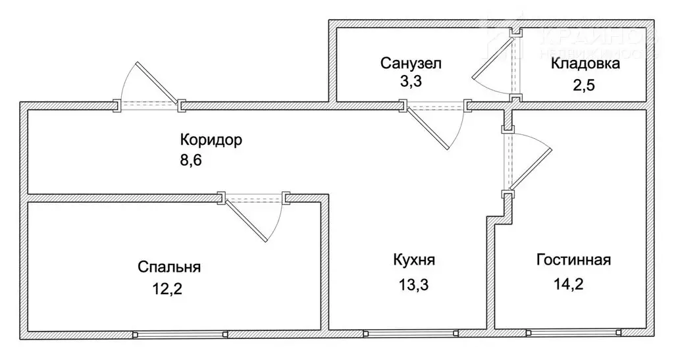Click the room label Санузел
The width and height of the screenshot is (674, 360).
(x=411, y=64)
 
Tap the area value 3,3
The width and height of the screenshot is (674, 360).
(x=411, y=84)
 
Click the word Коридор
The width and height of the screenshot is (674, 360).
(x=211, y=140)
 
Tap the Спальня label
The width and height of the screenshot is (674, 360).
(x=169, y=267)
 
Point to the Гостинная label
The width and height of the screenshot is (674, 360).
(x=573, y=259)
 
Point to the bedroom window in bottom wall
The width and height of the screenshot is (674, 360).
(x=180, y=334)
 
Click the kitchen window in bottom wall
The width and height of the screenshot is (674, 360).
(x=409, y=334)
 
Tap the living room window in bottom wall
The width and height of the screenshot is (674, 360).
(x=573, y=334)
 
